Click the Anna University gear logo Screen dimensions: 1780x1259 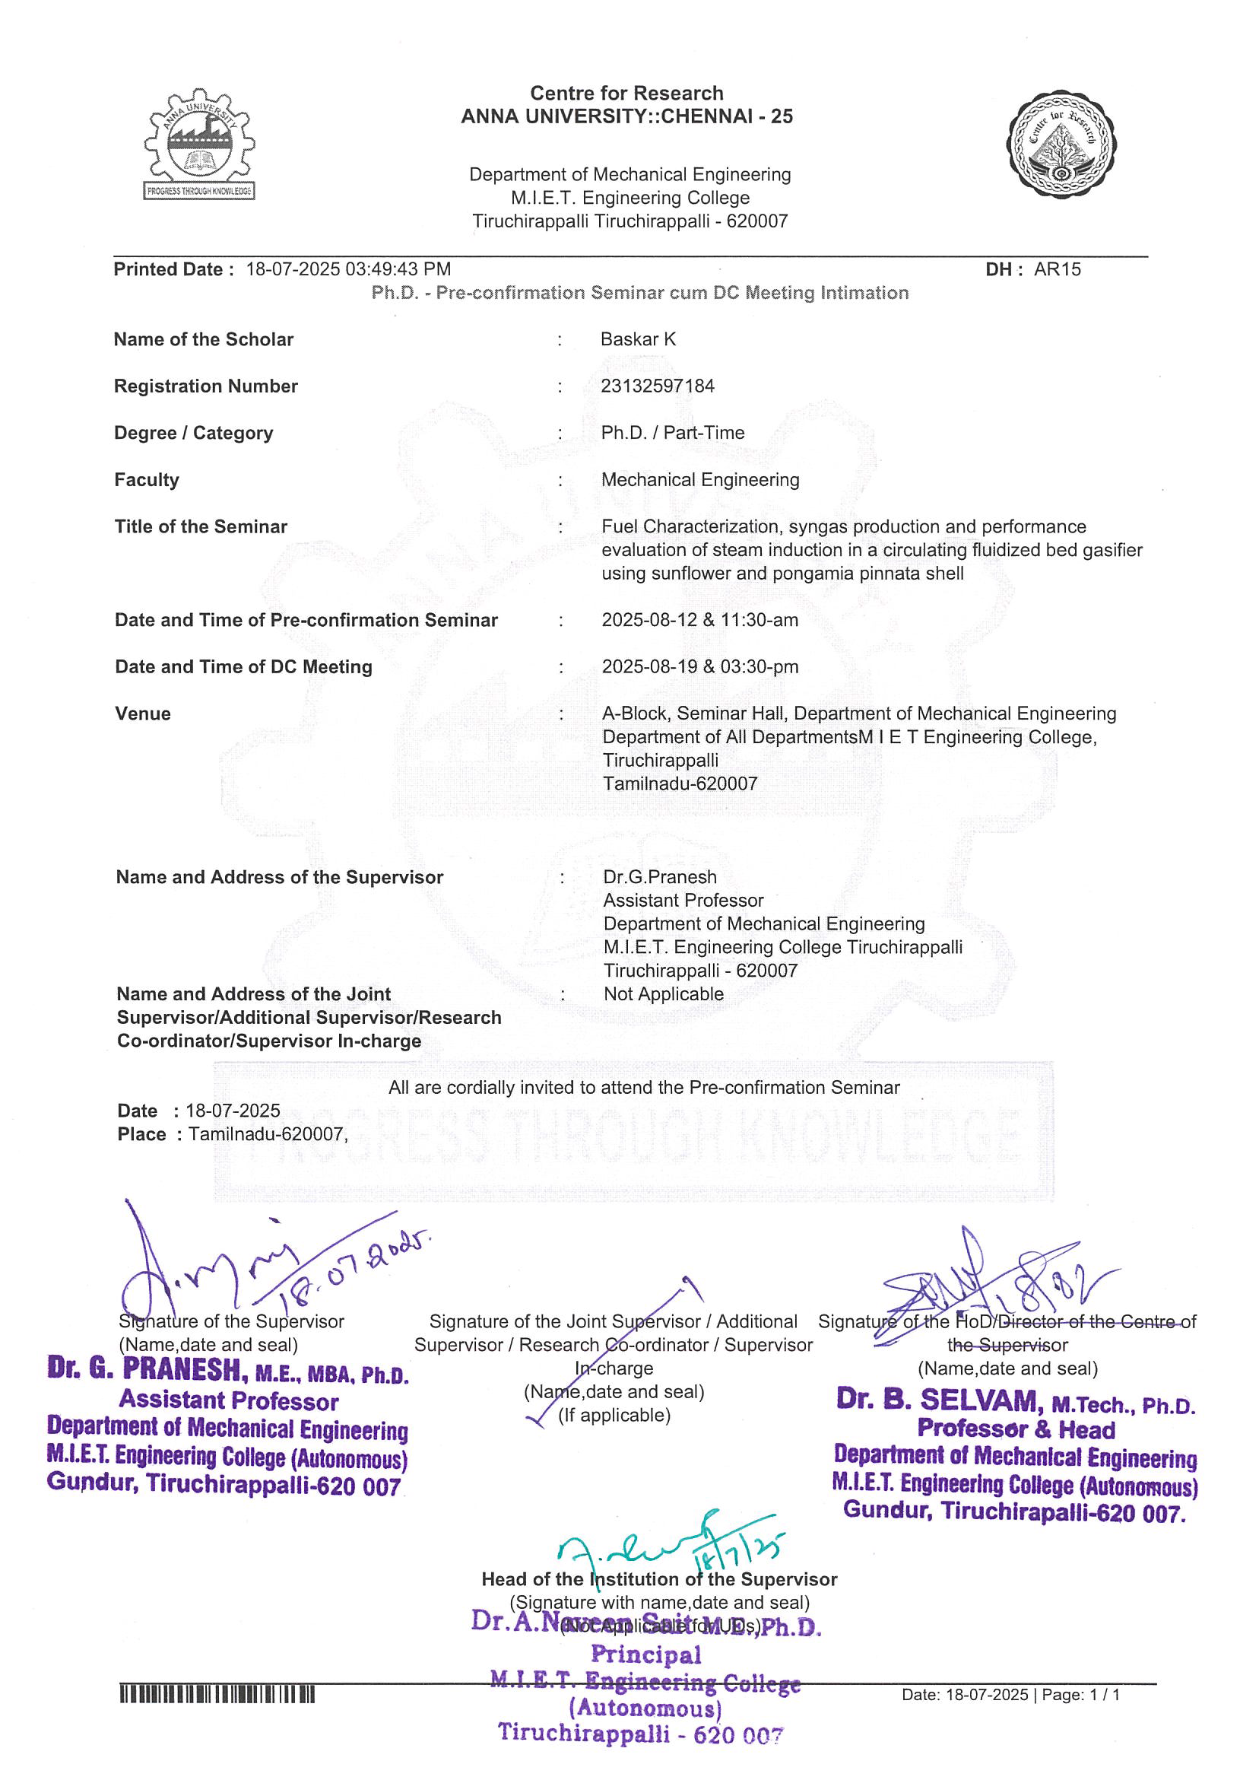pyautogui.click(x=199, y=145)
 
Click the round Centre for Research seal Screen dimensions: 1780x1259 pyautogui.click(x=1061, y=145)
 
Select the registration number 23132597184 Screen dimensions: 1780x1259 pyautogui.click(x=658, y=386)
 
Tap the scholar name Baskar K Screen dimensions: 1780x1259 pyautogui.click(x=638, y=339)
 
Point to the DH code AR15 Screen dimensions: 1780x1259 pyautogui.click(x=1058, y=269)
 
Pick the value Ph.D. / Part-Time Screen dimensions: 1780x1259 pyautogui.click(x=672, y=433)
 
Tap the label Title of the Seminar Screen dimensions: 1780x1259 pyautogui.click(x=201, y=526)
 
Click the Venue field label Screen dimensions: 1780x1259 pyautogui.click(x=143, y=714)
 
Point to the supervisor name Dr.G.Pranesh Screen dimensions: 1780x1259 pyautogui.click(x=660, y=877)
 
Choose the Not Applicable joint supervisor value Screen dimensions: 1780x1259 pyautogui.click(x=664, y=994)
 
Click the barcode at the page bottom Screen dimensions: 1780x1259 pyautogui.click(x=217, y=1696)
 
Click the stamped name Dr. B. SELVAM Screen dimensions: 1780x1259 pyautogui.click(x=938, y=1399)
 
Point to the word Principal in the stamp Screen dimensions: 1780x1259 pyautogui.click(x=645, y=1654)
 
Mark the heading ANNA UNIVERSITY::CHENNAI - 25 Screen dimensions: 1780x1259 pyautogui.click(x=626, y=116)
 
